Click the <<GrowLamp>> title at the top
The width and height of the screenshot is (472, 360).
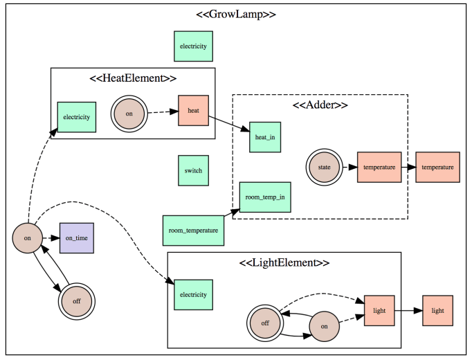[x=237, y=14]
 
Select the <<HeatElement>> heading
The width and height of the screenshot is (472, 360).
[x=133, y=78]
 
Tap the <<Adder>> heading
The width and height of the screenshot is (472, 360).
[x=320, y=105]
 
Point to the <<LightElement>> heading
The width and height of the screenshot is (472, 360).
[x=284, y=263]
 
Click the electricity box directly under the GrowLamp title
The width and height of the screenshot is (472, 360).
[x=193, y=46]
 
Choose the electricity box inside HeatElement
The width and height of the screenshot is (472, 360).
[x=76, y=117]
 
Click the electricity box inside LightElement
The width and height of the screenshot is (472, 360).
[x=193, y=294]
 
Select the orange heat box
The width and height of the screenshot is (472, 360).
[x=193, y=111]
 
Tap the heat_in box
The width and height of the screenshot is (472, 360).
[x=265, y=137]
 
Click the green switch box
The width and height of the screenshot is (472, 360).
[x=193, y=170]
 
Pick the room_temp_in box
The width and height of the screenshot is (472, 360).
[x=265, y=197]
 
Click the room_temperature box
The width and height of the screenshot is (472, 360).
[x=193, y=230]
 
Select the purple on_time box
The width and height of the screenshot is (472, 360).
[x=76, y=238]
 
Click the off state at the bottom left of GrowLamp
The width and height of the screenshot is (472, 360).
[x=76, y=302]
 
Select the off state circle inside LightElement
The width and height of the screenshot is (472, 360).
[x=266, y=323]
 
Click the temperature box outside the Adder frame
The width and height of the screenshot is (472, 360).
[x=437, y=168]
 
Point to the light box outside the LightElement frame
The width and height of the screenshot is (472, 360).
[x=437, y=311]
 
